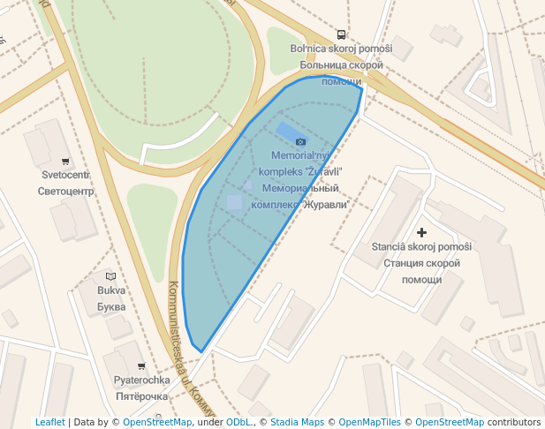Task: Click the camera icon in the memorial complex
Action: (300, 141)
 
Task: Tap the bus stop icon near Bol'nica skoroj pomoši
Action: (341, 35)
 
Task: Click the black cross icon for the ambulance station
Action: (422, 233)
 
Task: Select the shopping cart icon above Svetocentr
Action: (65, 162)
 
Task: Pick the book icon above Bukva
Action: (110, 276)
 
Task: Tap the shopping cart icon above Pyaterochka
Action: (141, 365)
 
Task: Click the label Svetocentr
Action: (66, 175)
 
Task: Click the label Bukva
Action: (111, 290)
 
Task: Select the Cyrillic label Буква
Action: (111, 306)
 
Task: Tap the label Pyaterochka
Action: (141, 380)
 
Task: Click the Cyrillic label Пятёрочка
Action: (141, 396)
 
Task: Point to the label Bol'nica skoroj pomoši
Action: (341, 49)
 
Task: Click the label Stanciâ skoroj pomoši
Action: (421, 246)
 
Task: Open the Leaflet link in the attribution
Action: (49, 422)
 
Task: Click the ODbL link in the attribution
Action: (238, 422)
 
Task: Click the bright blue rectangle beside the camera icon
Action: (287, 133)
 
